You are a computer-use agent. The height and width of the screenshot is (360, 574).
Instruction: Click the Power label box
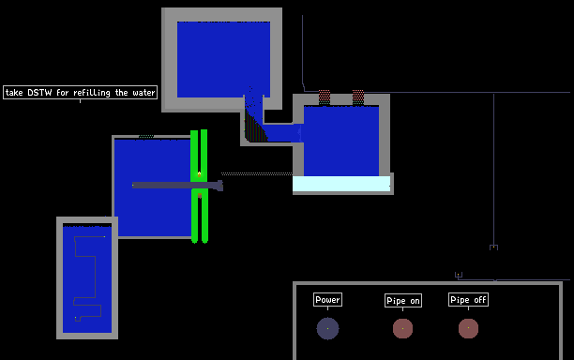327,300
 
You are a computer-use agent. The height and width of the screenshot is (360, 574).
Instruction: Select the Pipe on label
403,301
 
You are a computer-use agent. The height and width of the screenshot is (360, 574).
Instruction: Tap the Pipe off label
468,300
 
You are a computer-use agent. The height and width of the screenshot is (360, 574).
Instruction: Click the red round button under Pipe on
402,328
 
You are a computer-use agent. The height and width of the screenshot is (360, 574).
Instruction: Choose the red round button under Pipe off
468,328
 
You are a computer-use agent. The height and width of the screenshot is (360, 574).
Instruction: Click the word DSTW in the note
39,93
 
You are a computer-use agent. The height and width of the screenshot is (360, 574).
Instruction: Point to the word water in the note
143,93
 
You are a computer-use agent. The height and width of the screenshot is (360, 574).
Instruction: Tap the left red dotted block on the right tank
325,97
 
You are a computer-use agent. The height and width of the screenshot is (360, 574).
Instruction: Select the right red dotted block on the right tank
358,97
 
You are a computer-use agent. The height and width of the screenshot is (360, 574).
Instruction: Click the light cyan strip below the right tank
341,184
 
